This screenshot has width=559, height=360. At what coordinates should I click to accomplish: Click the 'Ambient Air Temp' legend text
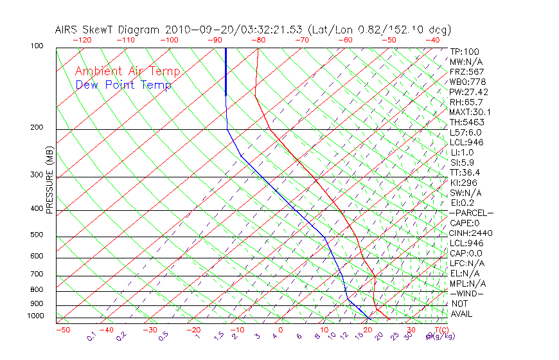(x=127, y=71)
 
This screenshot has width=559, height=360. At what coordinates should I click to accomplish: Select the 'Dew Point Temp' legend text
(x=123, y=85)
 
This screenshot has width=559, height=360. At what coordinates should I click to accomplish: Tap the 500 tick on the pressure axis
(x=37, y=235)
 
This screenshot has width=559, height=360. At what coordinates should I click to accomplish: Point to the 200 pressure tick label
(x=37, y=128)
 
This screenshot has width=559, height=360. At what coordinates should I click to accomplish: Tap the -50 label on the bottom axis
(x=62, y=330)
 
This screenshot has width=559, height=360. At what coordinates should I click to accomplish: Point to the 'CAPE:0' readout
(x=466, y=223)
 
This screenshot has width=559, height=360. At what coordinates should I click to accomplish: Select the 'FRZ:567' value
(x=466, y=71)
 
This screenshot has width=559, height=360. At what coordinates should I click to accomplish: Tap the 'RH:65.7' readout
(x=466, y=102)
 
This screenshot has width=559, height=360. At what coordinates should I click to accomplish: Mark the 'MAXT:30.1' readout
(x=470, y=113)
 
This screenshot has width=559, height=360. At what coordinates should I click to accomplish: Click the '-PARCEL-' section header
(x=472, y=213)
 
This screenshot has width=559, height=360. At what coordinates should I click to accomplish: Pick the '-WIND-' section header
(x=467, y=294)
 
